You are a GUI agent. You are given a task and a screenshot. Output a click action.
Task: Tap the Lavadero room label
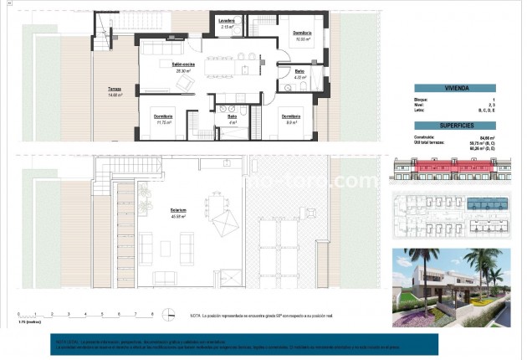tap(227, 23)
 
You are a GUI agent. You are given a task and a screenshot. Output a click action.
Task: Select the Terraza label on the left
tap(115, 92)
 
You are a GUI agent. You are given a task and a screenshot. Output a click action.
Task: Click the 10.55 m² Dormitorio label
tap(302, 35)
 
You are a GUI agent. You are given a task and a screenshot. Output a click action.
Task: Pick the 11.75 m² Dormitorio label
tap(164, 119)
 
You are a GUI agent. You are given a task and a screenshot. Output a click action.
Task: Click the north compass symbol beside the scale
tap(171, 315)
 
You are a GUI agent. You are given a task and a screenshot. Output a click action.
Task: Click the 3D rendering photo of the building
tap(453, 286)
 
